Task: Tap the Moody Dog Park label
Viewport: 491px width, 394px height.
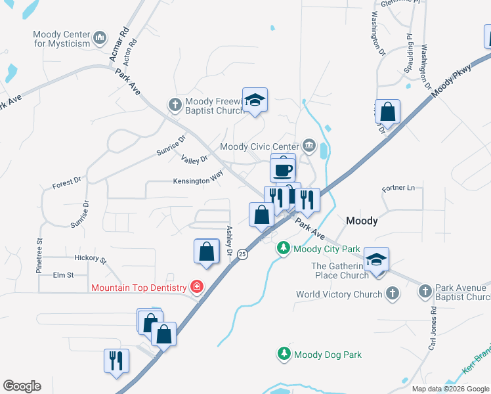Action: [x=328, y=355]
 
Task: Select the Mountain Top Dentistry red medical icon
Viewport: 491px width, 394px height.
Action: [x=196, y=286]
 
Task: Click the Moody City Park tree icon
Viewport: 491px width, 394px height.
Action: [x=284, y=248]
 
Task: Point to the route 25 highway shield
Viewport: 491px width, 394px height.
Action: [x=242, y=253]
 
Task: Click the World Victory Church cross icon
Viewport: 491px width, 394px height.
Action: [x=393, y=294]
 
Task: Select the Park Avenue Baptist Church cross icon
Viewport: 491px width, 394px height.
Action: [x=425, y=290]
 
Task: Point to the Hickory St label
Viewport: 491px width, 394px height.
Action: [x=90, y=259]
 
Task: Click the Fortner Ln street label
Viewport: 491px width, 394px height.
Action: [x=402, y=188]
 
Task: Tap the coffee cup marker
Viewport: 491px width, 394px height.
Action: [x=283, y=169]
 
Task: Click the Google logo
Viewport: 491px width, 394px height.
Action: [x=22, y=386]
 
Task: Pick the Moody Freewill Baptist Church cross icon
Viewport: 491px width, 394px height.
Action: [x=175, y=104]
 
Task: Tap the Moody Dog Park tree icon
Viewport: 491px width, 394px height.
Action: [x=284, y=354]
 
